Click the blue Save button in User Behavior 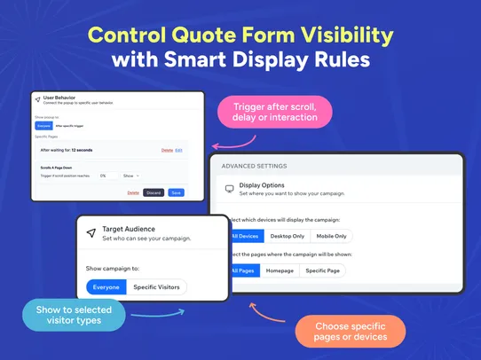(x=177, y=192)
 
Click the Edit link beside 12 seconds (x=178, y=151)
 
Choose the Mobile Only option (x=330, y=236)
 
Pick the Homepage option (x=280, y=270)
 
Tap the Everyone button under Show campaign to (x=106, y=286)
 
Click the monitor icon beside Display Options (x=229, y=189)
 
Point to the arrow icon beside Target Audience (x=91, y=233)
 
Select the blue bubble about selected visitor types (x=74, y=315)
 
